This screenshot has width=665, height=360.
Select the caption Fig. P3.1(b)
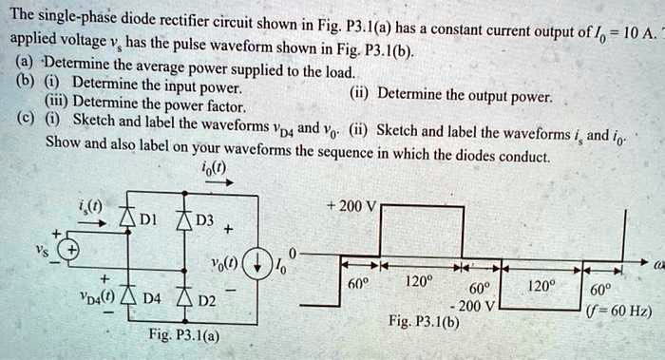pos(424,321)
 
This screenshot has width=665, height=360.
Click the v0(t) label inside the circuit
pos(219,262)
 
